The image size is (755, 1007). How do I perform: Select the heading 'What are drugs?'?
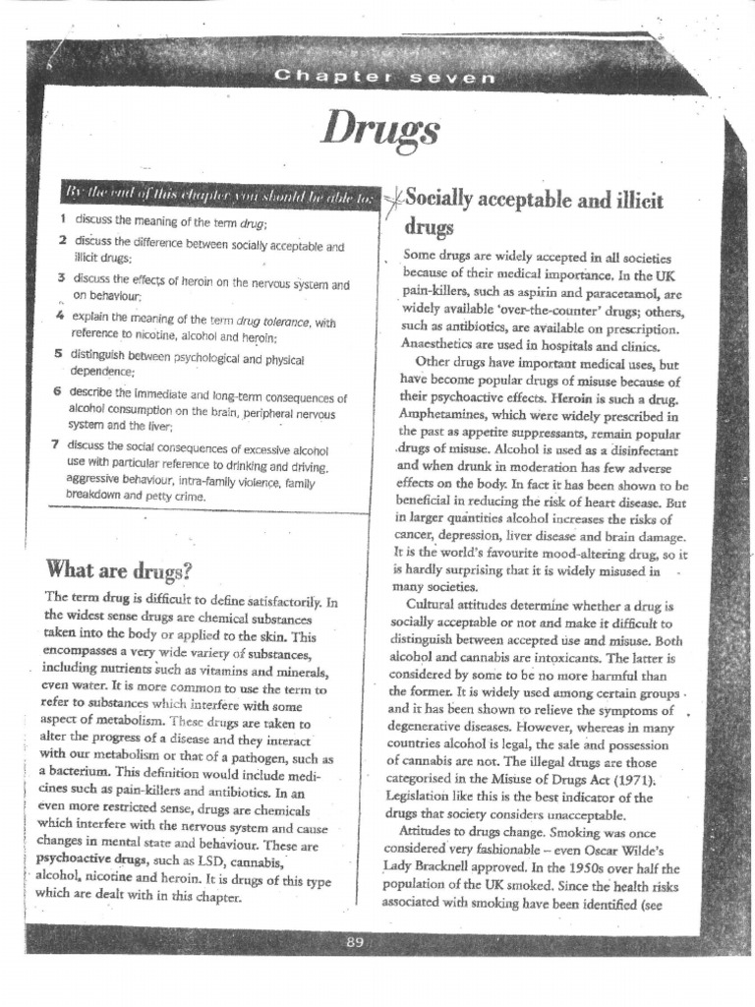coord(118,569)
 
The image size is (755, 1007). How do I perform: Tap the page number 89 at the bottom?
coord(355,943)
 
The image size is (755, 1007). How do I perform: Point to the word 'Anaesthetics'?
coord(441,344)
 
